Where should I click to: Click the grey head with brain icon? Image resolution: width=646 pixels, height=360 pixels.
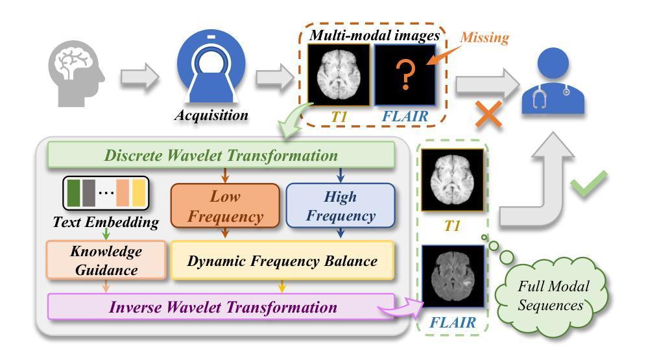77,73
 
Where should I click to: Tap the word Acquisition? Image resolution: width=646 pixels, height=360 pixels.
211,115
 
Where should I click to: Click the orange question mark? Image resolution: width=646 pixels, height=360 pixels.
405,75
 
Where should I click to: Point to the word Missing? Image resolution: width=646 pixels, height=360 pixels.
484,38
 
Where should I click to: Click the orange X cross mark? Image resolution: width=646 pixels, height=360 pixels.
488,114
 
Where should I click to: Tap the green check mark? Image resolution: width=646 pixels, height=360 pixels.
589,184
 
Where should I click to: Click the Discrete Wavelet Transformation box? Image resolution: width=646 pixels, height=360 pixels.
221,155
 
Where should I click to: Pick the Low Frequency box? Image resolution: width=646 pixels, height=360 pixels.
225,206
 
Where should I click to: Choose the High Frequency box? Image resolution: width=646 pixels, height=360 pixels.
341,206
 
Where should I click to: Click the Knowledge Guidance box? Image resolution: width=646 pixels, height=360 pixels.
106,260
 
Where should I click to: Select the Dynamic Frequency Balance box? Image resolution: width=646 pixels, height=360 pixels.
282,261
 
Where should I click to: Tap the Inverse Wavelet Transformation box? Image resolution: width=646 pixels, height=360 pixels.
221,307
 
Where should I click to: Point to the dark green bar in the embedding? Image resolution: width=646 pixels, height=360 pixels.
73,193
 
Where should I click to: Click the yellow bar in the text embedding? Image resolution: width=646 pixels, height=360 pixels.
139,193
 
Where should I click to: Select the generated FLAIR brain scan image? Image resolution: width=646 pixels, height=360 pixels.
453,276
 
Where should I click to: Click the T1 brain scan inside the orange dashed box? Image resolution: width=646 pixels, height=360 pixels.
339,75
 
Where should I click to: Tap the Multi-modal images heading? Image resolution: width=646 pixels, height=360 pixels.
374,36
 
